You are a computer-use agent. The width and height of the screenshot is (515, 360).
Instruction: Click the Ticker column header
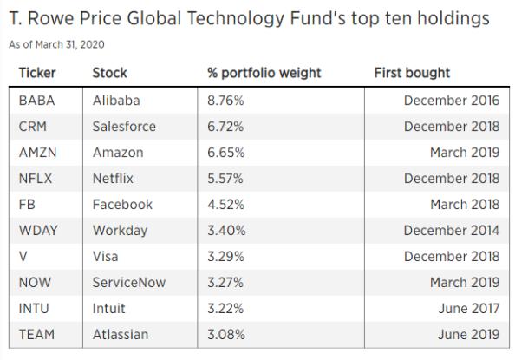point(37,73)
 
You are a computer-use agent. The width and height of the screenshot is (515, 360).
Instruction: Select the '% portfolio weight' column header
point(264,74)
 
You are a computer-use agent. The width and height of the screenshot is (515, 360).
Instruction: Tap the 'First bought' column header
point(412,74)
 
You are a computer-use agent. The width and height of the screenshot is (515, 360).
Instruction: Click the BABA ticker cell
point(36,101)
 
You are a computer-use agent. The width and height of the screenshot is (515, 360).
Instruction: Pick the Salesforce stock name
point(124,127)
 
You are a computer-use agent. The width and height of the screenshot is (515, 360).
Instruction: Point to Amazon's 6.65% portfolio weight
point(226,153)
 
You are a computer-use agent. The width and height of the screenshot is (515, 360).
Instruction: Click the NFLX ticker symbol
point(36,179)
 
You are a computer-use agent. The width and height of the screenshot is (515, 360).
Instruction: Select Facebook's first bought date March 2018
point(465,205)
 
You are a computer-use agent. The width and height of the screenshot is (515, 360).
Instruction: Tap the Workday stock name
point(120,231)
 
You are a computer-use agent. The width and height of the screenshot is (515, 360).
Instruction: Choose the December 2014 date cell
point(452,231)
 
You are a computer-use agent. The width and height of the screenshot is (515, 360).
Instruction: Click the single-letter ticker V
point(23,257)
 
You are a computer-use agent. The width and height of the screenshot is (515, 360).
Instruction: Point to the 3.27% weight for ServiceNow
point(225,283)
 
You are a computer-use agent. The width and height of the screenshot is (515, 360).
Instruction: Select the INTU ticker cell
point(34,308)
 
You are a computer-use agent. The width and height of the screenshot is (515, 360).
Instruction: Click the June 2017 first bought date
point(469,308)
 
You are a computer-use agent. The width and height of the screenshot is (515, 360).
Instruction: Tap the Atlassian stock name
point(121,335)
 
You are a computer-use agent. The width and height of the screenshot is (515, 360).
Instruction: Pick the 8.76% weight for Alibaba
point(225,101)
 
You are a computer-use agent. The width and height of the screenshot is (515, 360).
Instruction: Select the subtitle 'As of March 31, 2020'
point(56,44)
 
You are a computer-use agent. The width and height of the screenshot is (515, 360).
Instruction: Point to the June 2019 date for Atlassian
point(469,335)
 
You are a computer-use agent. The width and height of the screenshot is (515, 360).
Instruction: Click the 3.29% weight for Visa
point(225,257)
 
